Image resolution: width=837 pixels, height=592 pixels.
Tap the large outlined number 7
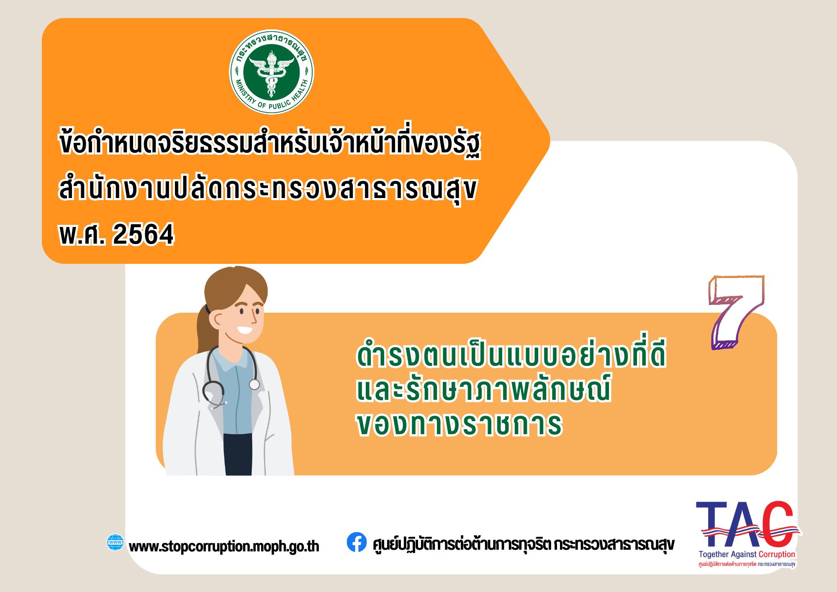[735, 311]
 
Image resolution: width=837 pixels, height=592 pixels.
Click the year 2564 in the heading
[143, 235]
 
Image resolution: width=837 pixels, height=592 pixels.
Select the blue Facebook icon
[357, 542]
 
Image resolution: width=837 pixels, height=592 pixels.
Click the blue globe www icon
[116, 542]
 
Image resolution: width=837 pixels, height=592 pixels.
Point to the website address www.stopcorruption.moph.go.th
[224, 546]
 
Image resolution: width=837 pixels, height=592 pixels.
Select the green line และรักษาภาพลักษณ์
[484, 390]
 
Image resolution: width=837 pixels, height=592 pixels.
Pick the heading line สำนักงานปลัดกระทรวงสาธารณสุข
[268, 190]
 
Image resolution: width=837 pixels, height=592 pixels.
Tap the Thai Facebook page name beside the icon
[523, 544]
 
